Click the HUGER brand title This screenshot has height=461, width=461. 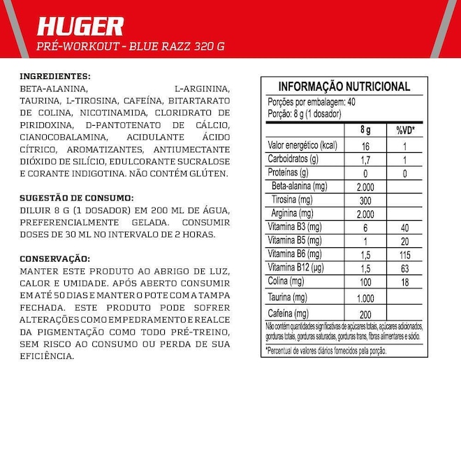(80, 27)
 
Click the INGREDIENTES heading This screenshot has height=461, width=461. (56, 75)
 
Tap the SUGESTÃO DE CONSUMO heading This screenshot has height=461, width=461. (76, 198)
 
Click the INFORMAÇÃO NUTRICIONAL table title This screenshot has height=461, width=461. (344, 87)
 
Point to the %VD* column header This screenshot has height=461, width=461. (405, 131)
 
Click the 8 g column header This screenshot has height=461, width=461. (365, 131)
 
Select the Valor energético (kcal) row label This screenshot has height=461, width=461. (303, 146)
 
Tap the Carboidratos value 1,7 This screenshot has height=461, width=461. (365, 159)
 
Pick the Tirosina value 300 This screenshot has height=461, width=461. (365, 200)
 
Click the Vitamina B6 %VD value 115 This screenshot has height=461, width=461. (405, 254)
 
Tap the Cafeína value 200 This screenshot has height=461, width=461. (365, 314)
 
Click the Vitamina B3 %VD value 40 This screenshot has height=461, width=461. (405, 227)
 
